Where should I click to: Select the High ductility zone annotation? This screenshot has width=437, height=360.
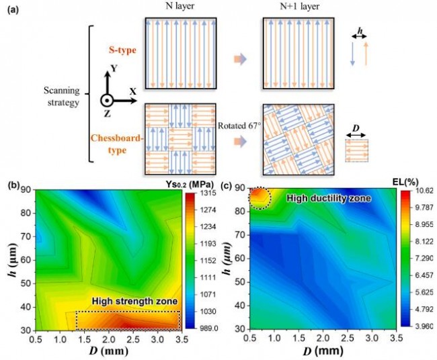[x=325, y=198]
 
